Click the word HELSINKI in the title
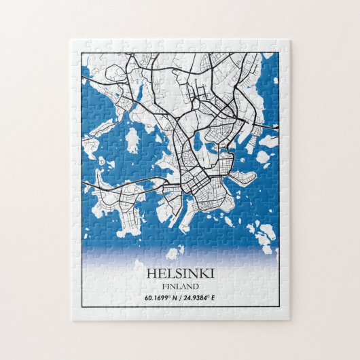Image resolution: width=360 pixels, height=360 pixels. click(x=180, y=274)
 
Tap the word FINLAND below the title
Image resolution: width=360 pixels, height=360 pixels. click(x=180, y=286)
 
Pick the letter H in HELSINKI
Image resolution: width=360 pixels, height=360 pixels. click(x=151, y=274)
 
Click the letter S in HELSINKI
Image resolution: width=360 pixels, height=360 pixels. click(x=177, y=274)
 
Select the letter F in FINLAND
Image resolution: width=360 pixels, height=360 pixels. click(x=164, y=286)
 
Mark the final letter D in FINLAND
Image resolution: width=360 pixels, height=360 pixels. click(x=196, y=286)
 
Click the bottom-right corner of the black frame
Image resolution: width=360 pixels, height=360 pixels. click(x=279, y=310)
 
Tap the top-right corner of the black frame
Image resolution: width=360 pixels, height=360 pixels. click(x=279, y=52)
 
